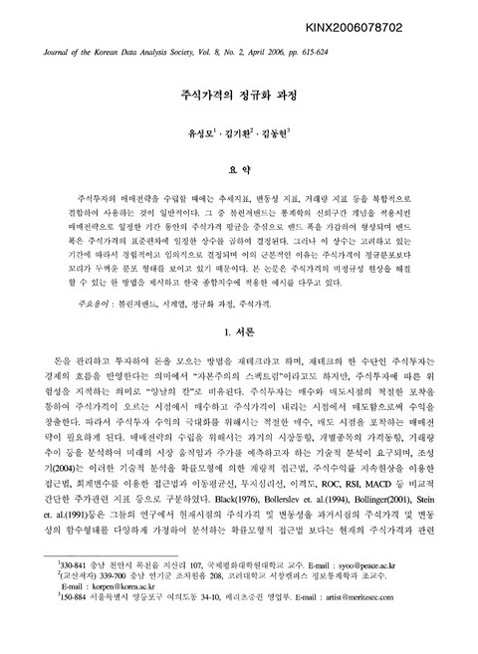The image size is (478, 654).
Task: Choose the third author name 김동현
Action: pos(290,133)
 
